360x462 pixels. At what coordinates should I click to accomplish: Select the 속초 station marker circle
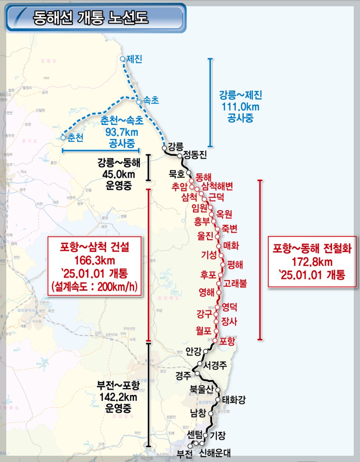click(138, 101)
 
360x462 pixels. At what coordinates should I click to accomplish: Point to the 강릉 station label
click(175, 146)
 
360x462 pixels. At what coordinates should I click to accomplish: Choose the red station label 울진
click(205, 236)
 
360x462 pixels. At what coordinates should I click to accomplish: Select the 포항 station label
click(227, 341)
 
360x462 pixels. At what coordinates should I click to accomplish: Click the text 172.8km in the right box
click(312, 262)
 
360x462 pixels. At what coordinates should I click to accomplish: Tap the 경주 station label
click(183, 375)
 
